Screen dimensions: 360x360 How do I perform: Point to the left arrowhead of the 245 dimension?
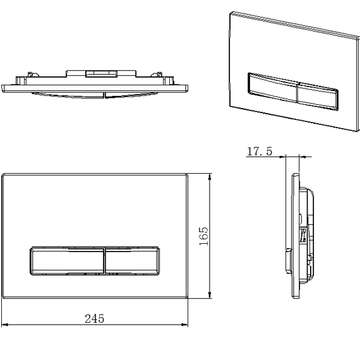tap(4, 325)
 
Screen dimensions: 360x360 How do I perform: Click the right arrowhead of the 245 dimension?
tap(186, 325)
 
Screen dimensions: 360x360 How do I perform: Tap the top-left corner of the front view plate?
tap(3, 172)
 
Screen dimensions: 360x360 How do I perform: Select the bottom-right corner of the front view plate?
tap(188, 298)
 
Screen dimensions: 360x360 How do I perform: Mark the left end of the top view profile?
tap(4, 87)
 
